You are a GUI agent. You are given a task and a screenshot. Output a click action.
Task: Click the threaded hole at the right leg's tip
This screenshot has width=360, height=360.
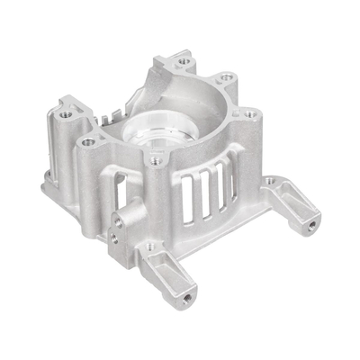pos(310,224)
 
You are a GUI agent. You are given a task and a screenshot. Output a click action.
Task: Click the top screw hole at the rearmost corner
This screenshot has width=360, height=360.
pos(184,61)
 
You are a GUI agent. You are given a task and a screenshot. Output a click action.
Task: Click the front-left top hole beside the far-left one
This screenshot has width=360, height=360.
pos(88,141)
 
